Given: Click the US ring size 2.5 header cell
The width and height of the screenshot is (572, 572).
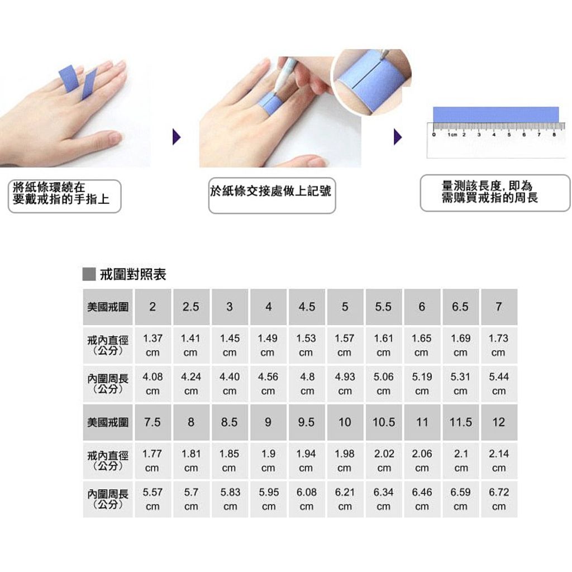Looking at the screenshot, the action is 191,307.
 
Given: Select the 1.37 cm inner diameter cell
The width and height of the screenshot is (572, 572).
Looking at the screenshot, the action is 152,345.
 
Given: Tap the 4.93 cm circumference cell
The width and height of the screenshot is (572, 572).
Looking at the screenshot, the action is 345,384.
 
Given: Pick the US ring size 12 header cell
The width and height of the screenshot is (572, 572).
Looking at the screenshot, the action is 499,422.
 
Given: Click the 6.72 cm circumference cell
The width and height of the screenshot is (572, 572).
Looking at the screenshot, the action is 499,499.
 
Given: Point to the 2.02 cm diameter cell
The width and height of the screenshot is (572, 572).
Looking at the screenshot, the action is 384,461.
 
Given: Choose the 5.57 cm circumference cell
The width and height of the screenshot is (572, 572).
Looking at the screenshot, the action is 152,499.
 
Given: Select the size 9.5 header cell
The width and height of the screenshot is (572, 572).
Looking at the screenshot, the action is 307,422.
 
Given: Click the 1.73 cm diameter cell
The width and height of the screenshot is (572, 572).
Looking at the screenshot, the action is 499,345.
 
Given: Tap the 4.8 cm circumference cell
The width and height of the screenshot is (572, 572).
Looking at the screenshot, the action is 307,384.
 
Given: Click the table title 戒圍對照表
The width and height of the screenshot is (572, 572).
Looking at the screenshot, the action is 133,274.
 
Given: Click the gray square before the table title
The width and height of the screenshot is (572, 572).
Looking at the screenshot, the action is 89,274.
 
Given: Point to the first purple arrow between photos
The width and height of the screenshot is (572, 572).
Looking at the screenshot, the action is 177,137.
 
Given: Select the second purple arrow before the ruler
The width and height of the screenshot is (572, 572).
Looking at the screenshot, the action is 398,137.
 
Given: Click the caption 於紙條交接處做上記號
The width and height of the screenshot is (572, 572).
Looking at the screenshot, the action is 271,191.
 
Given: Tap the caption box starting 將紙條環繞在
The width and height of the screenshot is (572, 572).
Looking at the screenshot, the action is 65,196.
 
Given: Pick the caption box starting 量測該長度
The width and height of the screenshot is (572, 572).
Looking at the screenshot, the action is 495,193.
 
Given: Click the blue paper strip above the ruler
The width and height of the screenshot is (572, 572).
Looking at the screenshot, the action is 496,115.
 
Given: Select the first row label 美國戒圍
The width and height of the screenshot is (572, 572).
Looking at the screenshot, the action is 108,307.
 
